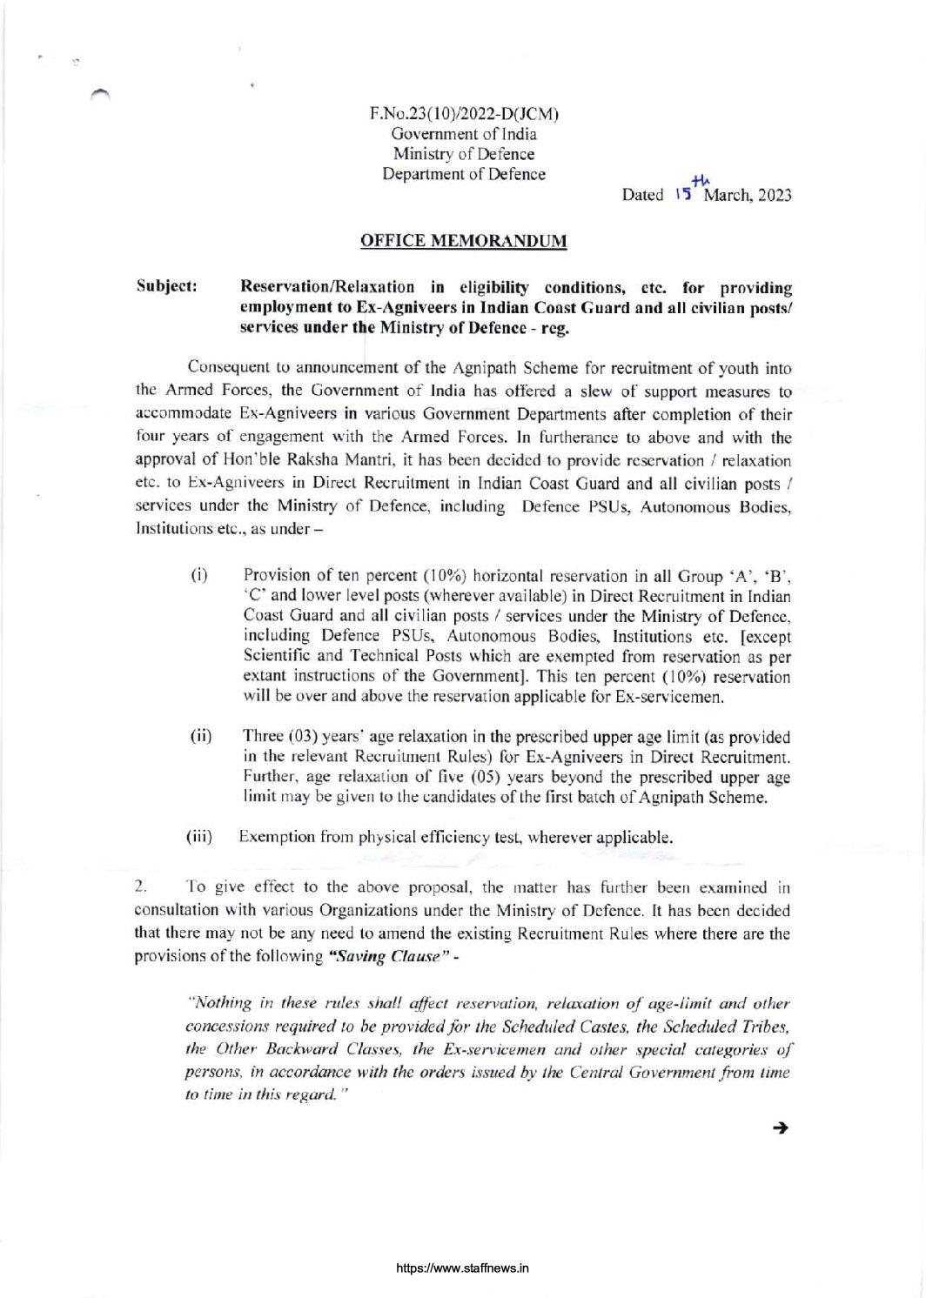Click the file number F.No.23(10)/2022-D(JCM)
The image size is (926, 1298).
click(464, 114)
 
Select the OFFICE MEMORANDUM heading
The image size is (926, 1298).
click(463, 241)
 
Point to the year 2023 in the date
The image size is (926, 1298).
click(775, 195)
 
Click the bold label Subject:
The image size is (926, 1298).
click(166, 287)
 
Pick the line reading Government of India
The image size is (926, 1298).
click(464, 134)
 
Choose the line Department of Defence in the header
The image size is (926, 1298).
click(464, 174)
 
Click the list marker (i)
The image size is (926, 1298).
click(198, 576)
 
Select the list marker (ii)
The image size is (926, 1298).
click(201, 737)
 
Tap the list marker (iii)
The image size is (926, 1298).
click(199, 837)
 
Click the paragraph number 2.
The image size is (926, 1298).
click(139, 887)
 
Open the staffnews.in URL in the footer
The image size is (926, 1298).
click(462, 1268)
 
